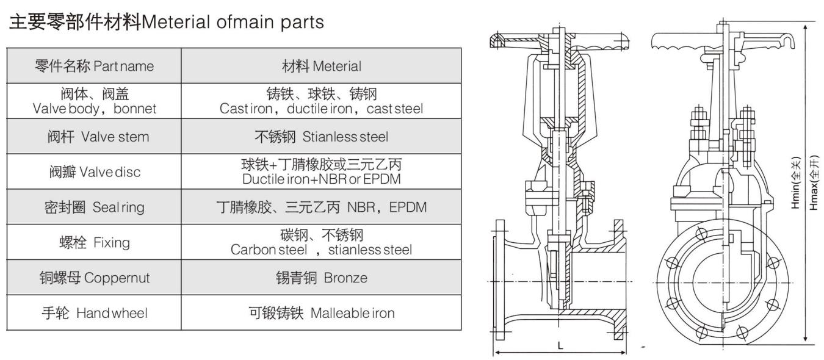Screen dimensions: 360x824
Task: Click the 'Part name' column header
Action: [x=94, y=65]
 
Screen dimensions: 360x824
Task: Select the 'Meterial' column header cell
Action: [x=321, y=65]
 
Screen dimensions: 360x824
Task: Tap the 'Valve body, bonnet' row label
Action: [x=94, y=101]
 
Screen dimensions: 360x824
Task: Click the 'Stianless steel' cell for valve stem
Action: [x=321, y=137]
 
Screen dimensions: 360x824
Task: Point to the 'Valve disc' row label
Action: [x=94, y=172]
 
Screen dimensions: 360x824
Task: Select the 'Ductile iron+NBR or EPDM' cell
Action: [x=321, y=172]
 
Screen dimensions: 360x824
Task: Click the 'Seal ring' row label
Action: [x=94, y=207]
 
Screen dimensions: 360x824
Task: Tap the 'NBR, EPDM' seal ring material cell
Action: [x=321, y=207]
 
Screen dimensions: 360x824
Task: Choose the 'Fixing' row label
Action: [x=94, y=243]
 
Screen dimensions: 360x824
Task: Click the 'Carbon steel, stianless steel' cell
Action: [x=321, y=243]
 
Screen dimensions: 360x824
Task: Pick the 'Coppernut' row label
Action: [x=94, y=278]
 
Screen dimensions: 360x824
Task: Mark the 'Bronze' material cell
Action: [x=321, y=278]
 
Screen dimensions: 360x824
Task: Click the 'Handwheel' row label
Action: [x=94, y=314]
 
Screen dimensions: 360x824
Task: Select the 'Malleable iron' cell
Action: [x=321, y=314]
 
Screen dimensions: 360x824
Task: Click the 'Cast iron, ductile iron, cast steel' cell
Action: [x=321, y=101]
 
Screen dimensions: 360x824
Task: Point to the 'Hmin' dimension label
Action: [x=796, y=182]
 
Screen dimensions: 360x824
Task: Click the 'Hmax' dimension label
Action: [x=814, y=182]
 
